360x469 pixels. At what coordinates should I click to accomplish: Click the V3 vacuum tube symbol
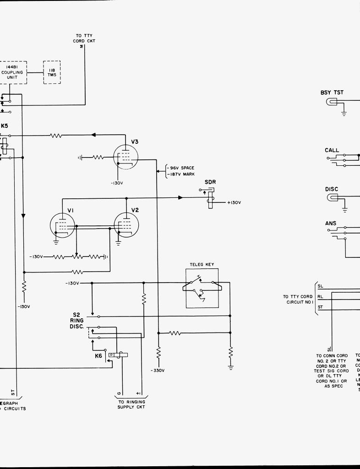coord(125,158)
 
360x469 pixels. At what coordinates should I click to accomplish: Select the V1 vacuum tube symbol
coord(62,225)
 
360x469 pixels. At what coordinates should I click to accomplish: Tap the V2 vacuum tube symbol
coord(126,225)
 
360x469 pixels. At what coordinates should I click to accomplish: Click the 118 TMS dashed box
coord(52,72)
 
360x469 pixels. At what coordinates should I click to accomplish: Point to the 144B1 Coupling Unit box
coord(12,72)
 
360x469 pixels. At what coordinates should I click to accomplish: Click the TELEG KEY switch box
coord(202,288)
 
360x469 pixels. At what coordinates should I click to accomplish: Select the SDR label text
coord(210,182)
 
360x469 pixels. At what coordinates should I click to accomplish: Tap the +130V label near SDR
coord(234,202)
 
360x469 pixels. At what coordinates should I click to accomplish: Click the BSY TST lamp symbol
coord(331,102)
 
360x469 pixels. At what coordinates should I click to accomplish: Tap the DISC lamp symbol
coord(331,198)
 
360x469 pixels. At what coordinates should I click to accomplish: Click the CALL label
coord(332,150)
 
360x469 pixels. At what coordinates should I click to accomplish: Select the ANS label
coord(331,224)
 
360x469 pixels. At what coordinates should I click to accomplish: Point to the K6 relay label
coord(98,355)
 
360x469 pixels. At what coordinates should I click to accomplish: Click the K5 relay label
coord(4,126)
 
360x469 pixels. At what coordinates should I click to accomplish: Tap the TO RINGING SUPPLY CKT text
coord(131,404)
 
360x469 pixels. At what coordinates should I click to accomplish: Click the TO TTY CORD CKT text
coord(84,38)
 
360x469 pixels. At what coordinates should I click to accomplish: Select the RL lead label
coord(321,296)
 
